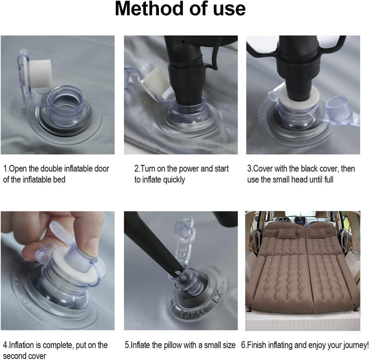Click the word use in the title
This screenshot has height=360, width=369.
click(229, 10)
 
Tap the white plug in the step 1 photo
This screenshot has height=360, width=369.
click(40, 74)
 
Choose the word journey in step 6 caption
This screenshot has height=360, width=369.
click(355, 346)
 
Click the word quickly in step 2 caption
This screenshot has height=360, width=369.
click(174, 180)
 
